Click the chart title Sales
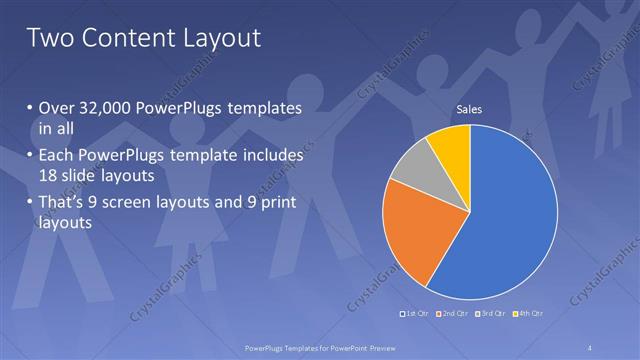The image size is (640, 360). (470, 109)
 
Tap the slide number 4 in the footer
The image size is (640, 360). (590, 347)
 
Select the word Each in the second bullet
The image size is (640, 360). (56, 156)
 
